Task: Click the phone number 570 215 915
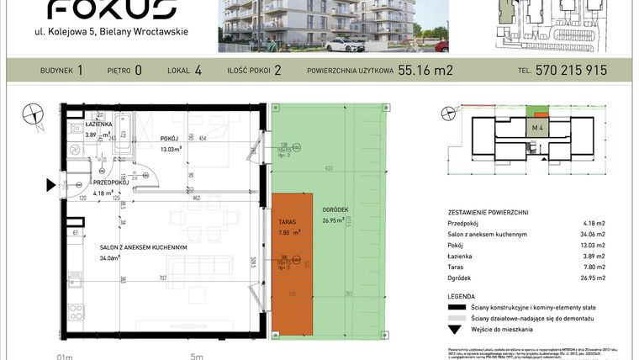[x=571, y=71]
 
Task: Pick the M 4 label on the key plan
[x=536, y=127]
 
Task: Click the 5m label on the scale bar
[x=197, y=356]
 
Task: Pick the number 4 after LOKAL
[x=198, y=71]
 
